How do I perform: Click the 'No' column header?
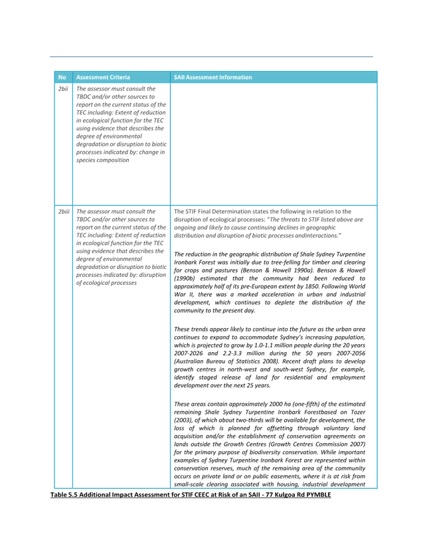(x=62, y=77)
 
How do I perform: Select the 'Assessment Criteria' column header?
(x=103, y=77)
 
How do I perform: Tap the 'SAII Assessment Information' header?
(x=212, y=77)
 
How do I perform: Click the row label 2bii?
(x=63, y=89)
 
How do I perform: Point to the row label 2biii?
(x=64, y=211)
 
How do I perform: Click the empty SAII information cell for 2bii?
(x=274, y=144)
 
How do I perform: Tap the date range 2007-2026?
(x=189, y=353)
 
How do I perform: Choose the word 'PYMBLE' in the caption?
(x=318, y=494)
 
